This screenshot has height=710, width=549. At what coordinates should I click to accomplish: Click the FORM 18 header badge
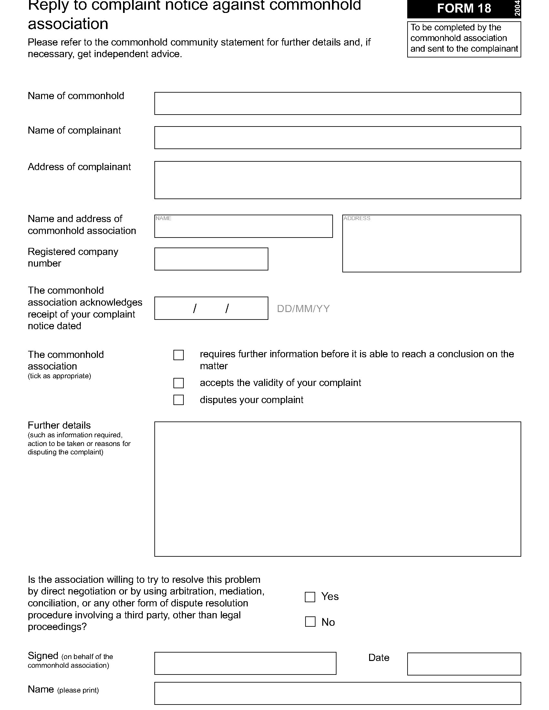[463, 8]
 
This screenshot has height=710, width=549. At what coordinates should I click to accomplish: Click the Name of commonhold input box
[337, 103]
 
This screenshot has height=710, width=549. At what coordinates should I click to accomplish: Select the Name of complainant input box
[337, 137]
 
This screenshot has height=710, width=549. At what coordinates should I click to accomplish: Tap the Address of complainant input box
[337, 180]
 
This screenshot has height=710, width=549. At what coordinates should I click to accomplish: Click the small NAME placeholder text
[163, 218]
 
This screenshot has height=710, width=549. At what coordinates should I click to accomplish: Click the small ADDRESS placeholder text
[357, 218]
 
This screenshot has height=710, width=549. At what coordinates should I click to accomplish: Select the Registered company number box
[211, 259]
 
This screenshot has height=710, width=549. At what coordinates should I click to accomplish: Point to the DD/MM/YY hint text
[303, 309]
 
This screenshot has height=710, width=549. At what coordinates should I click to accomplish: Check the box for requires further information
[179, 355]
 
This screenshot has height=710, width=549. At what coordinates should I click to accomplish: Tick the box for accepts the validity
[179, 383]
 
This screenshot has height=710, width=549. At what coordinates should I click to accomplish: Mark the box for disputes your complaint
[179, 400]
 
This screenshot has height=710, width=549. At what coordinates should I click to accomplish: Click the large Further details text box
[337, 489]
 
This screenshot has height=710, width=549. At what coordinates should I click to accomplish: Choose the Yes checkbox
[310, 597]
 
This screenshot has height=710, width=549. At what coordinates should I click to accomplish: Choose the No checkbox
[310, 622]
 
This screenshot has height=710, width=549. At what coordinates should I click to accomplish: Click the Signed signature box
[245, 663]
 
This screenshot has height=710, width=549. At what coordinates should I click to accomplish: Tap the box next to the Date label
[464, 664]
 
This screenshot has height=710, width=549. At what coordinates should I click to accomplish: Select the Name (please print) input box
[337, 693]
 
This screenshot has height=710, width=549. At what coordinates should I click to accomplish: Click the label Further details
[59, 425]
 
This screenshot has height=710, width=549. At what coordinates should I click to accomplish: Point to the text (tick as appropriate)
[59, 376]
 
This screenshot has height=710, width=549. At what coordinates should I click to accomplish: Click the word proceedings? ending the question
[57, 627]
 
